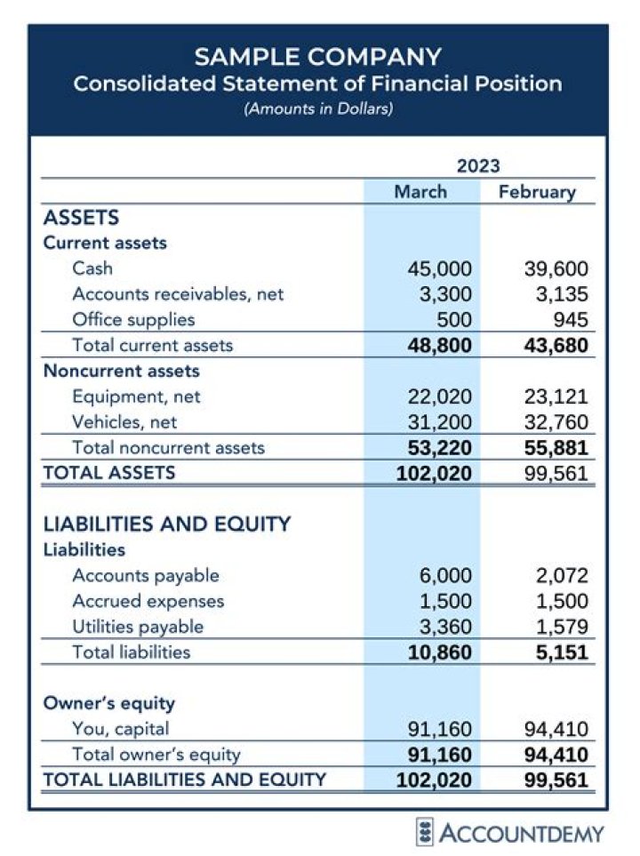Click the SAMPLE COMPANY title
(317, 57)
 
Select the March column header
(420, 191)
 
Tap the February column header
(537, 191)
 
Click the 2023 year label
(478, 165)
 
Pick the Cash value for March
(440, 269)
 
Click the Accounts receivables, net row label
(178, 293)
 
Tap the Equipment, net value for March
(440, 396)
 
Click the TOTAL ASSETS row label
(109, 473)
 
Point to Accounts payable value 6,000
(445, 576)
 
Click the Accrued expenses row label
(148, 601)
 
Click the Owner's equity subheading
(109, 703)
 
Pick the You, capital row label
(121, 730)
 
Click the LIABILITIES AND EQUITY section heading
(167, 524)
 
